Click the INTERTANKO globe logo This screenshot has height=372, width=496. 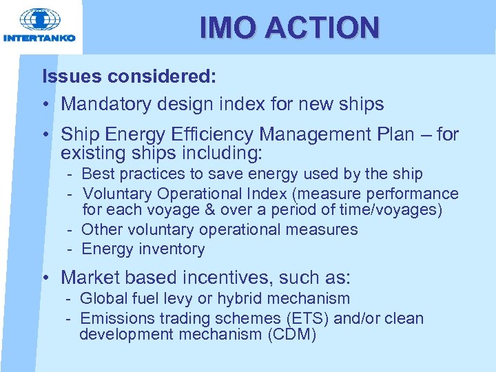click(x=39, y=19)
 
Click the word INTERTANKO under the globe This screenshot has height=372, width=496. click(x=39, y=38)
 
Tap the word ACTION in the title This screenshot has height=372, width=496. click(x=322, y=28)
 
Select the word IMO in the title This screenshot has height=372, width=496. click(x=228, y=28)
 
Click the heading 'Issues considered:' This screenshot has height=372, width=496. click(x=130, y=76)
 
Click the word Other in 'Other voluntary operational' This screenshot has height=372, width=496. click(x=101, y=229)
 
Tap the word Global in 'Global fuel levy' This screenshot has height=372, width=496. click(x=103, y=298)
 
